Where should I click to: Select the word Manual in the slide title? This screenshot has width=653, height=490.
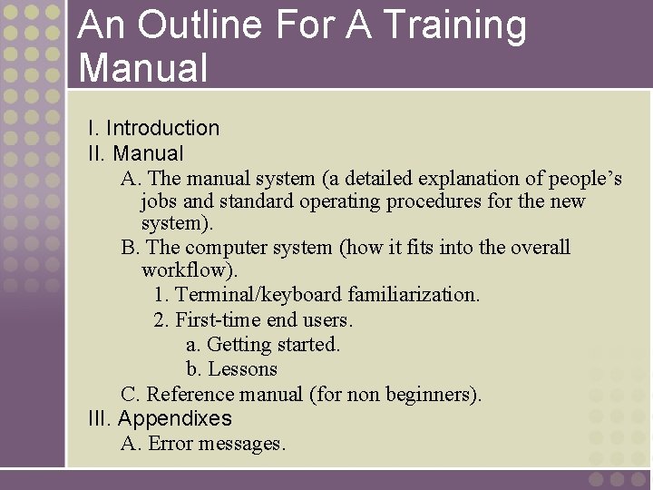[143, 67]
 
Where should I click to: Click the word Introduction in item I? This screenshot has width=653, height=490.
[162, 128]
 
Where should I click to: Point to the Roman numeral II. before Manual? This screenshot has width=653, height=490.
[97, 153]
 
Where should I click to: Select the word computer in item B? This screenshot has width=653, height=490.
[222, 247]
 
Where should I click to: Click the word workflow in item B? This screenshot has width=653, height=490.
[185, 270]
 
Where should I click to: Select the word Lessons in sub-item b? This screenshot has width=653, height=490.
[242, 369]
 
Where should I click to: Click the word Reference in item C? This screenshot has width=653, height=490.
[190, 394]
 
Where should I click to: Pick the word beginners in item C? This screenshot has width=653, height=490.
[429, 394]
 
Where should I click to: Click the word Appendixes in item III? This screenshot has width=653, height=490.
[174, 418]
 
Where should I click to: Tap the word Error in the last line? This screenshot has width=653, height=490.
[170, 444]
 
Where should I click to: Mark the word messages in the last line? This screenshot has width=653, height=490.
[240, 444]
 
